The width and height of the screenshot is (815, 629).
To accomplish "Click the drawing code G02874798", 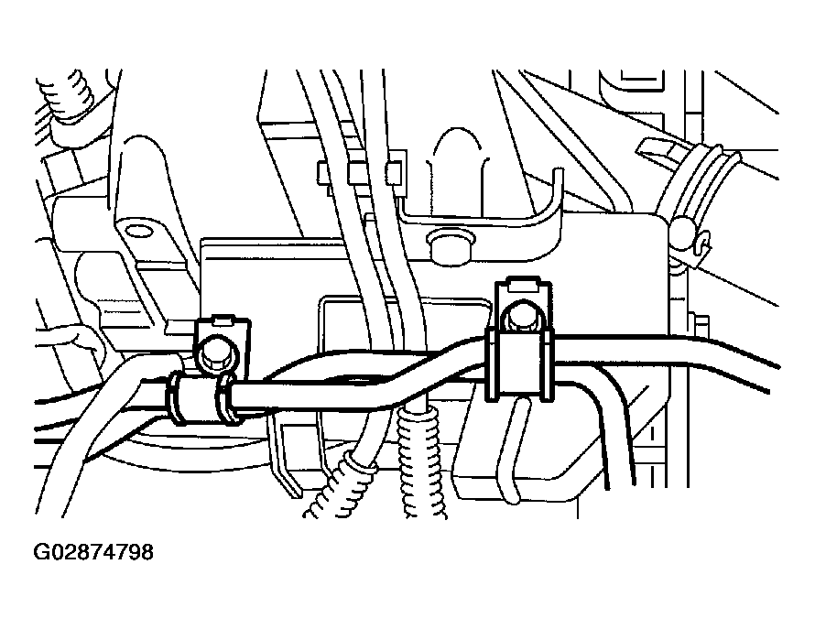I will [93, 552].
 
